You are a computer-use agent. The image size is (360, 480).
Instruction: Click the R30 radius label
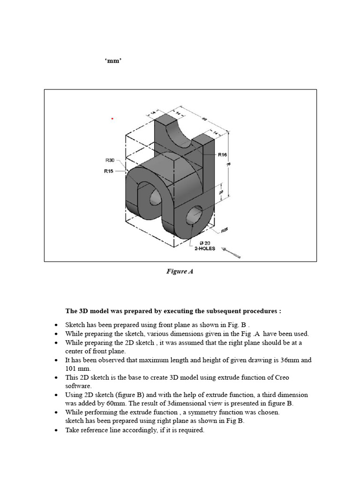tap(110, 160)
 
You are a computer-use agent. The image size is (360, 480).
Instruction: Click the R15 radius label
tap(108, 171)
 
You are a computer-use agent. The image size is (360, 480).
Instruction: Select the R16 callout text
tap(223, 154)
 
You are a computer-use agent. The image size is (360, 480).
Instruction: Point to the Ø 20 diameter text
tap(204, 242)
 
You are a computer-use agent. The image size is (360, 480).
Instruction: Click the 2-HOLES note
tap(205, 248)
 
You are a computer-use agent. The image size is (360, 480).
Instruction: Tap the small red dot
tap(112, 119)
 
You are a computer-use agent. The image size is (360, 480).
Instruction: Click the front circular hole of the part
tap(194, 215)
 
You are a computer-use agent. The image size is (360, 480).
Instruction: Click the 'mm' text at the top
tap(113, 61)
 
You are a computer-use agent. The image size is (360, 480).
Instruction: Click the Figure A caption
tap(180, 271)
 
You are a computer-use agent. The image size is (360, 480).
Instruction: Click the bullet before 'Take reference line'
tap(57, 430)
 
